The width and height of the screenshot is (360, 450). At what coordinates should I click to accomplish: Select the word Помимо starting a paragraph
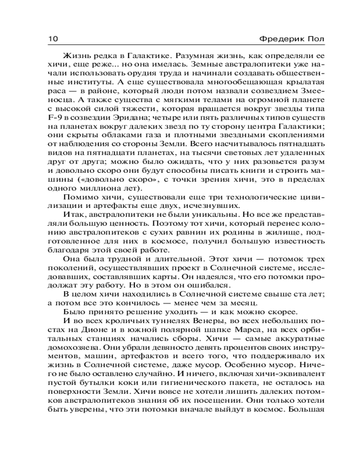click(78, 198)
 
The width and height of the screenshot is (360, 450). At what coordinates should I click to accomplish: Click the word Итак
click(73, 219)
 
